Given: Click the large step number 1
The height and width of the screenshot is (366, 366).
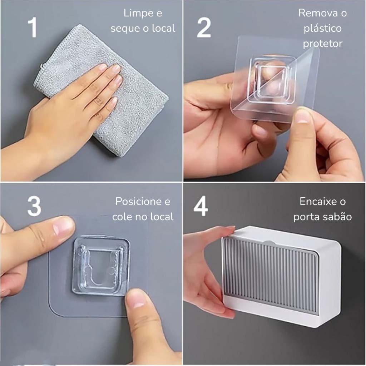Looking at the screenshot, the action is click(x=33, y=28).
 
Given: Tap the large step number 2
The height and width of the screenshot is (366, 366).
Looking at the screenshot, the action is click(x=204, y=28).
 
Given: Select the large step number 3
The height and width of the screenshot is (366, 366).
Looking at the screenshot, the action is click(x=34, y=206).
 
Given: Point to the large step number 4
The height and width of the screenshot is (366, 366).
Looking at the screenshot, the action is click(x=201, y=206).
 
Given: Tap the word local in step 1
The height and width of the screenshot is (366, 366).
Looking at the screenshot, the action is click(x=164, y=29).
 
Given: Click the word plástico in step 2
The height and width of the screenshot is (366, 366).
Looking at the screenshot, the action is click(x=323, y=29).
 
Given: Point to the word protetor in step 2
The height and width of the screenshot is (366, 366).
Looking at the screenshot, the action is click(x=323, y=44).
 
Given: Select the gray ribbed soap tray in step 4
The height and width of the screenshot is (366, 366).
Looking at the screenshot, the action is click(x=270, y=276).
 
